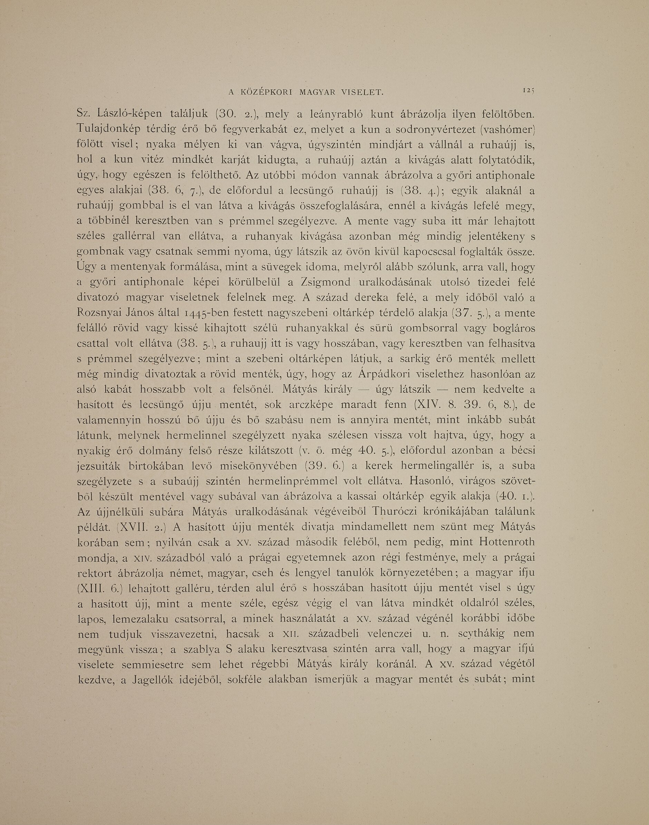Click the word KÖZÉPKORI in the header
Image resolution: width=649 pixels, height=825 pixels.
pos(266,92)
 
